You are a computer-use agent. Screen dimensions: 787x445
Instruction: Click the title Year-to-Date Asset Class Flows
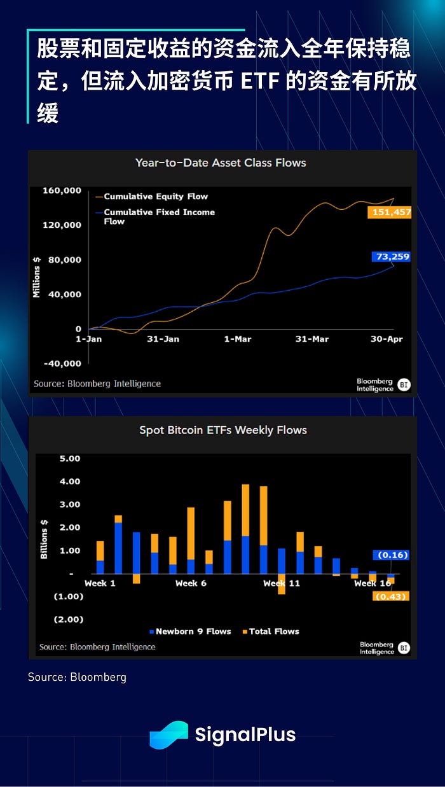(221, 163)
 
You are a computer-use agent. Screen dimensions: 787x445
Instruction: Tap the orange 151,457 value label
(389, 212)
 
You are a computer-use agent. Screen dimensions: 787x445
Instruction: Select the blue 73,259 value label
(391, 257)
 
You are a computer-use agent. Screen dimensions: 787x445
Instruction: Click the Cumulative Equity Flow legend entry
(155, 197)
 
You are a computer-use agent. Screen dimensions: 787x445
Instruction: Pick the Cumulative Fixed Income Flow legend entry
(159, 216)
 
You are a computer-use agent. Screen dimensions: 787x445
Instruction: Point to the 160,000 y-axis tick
(62, 190)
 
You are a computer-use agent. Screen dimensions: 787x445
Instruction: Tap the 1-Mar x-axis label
(238, 339)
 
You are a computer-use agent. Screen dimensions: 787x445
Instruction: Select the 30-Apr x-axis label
(387, 339)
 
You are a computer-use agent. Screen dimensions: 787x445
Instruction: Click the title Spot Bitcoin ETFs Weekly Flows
(223, 430)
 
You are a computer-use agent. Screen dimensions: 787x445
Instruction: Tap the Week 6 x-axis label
(191, 583)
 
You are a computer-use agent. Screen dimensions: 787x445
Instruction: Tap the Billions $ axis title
(44, 539)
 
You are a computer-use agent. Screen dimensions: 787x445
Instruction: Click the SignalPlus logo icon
(168, 735)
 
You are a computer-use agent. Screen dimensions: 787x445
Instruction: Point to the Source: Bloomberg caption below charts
(77, 677)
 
